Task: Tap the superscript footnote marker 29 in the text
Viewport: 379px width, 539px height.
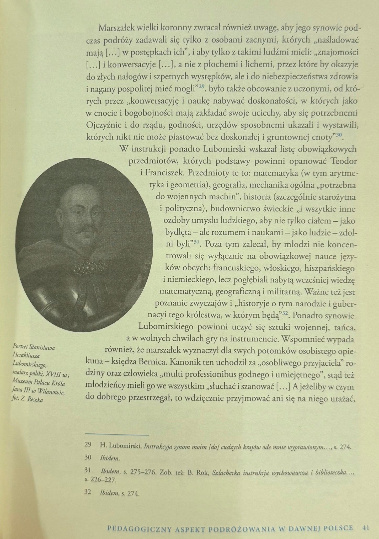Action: click(201, 87)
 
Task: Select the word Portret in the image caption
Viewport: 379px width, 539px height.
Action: click(20, 348)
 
